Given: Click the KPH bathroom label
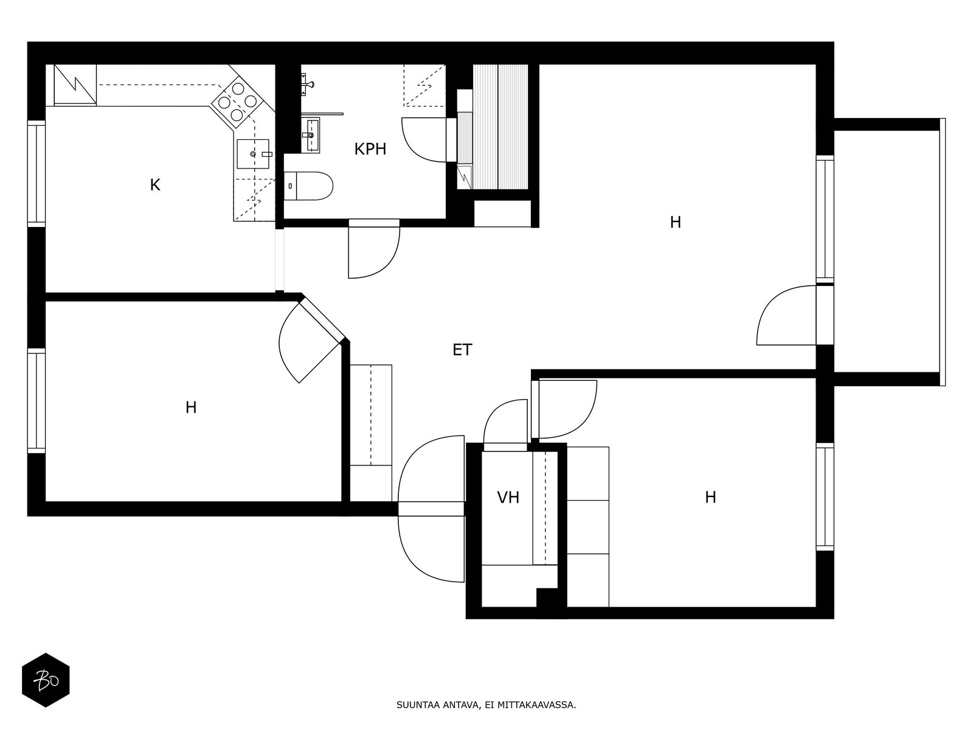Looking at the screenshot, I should (x=370, y=149).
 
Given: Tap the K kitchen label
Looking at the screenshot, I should (x=155, y=185).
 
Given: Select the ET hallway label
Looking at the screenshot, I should (x=462, y=350).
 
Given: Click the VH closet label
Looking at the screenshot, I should (x=508, y=498).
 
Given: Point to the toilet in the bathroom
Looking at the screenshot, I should (x=310, y=186).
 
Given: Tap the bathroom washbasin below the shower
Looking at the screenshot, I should (x=312, y=135).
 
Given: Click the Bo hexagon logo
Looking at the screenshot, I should (x=46, y=680).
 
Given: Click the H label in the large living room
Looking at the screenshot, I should (x=675, y=223).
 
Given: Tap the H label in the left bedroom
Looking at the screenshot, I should (x=191, y=408).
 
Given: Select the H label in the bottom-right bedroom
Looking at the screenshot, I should (x=710, y=498).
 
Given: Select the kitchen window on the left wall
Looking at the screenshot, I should (x=36, y=174).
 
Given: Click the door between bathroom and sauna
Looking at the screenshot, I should (x=451, y=140).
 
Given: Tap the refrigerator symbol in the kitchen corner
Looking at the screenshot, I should (x=75, y=85).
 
